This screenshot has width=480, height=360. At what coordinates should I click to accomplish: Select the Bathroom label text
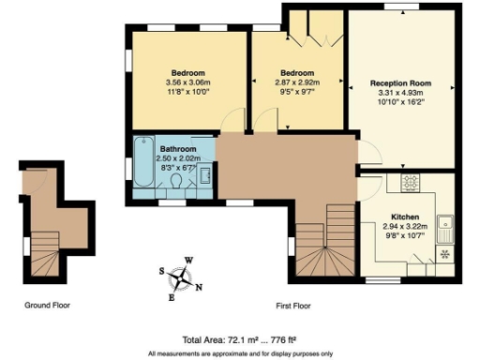[177, 150]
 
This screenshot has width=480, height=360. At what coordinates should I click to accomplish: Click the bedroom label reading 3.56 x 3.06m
[187, 82]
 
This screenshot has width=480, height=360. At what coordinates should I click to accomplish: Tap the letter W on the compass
[188, 261]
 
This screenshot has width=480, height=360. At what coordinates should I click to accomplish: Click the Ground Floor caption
[47, 305]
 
